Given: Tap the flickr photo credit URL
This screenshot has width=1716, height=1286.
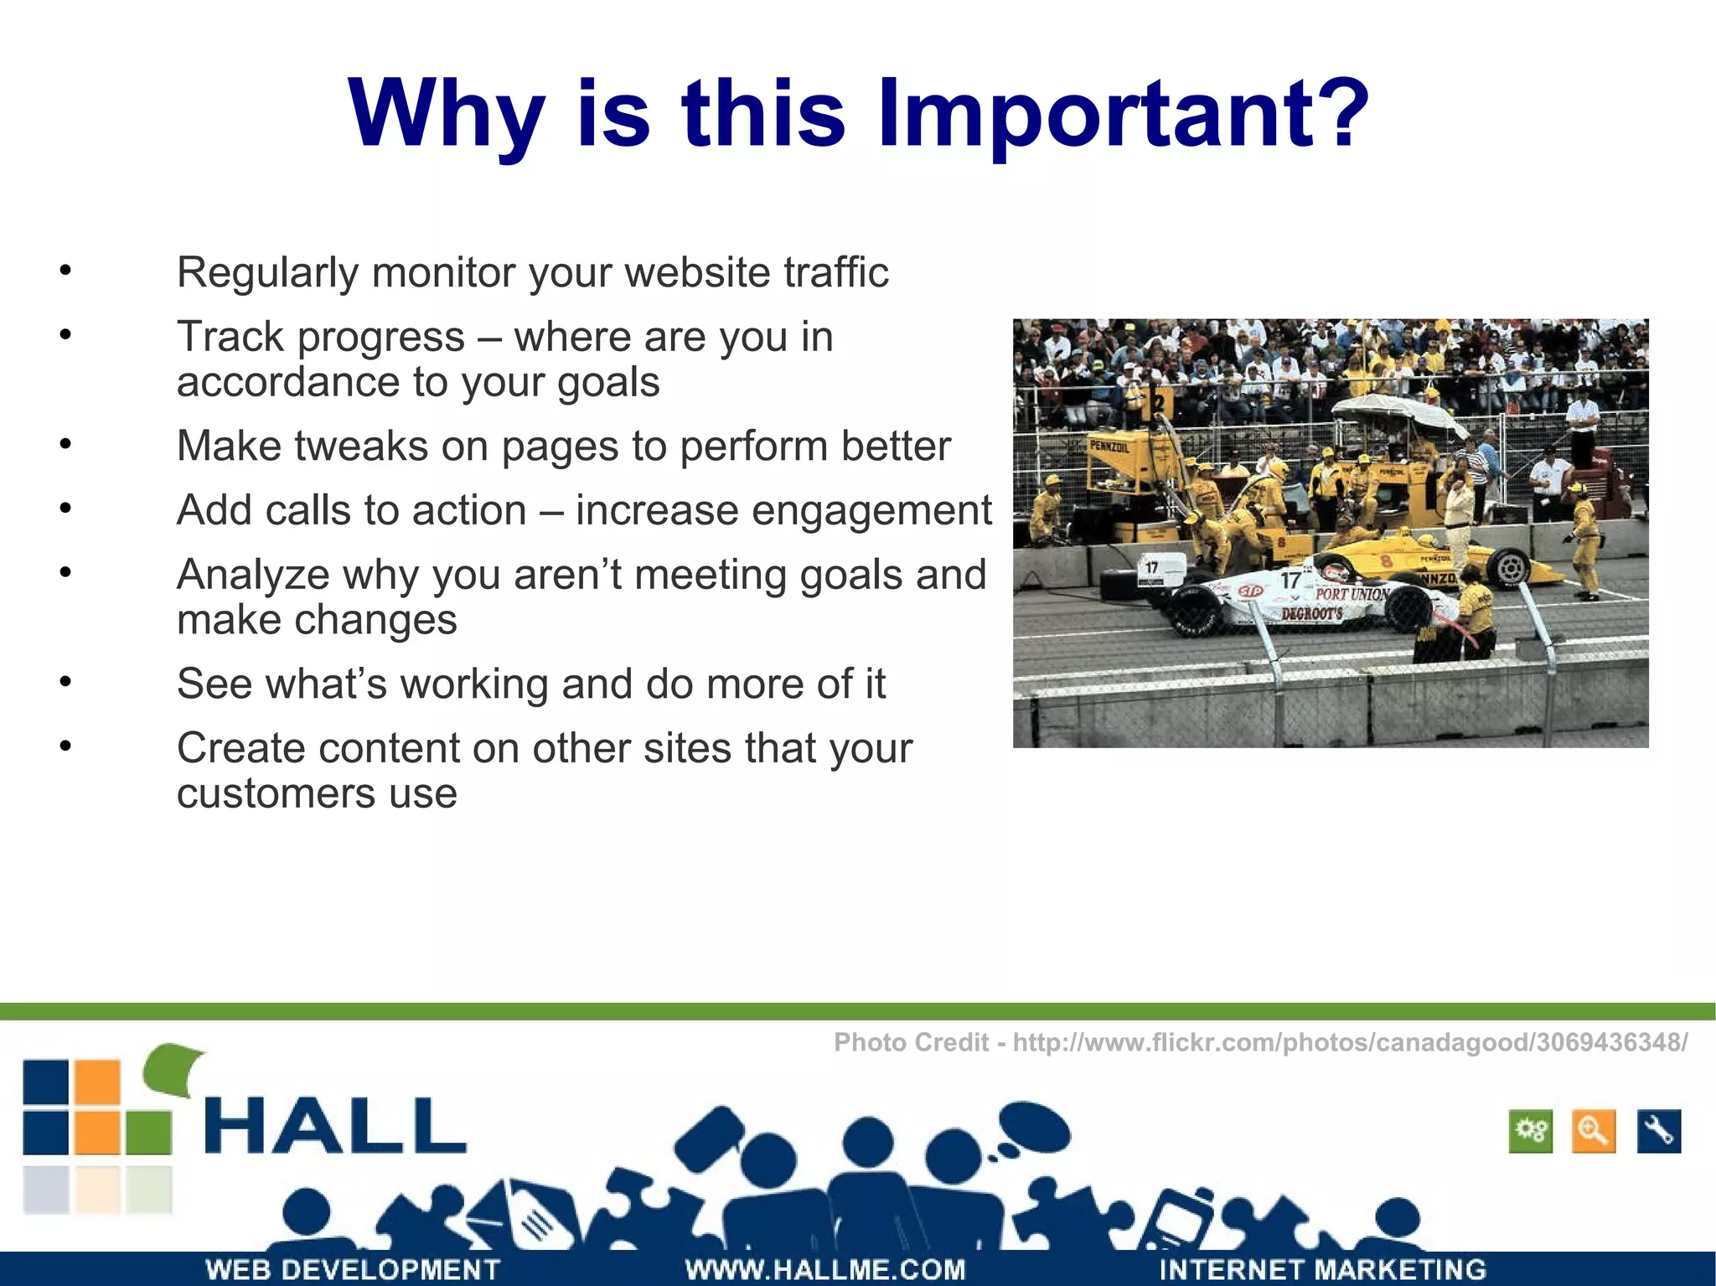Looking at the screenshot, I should (1350, 1042).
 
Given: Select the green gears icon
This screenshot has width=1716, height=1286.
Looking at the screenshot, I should (1530, 1132).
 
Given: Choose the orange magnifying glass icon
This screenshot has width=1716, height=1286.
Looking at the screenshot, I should (1593, 1132).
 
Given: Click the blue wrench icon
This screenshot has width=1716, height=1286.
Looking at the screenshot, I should (1658, 1132).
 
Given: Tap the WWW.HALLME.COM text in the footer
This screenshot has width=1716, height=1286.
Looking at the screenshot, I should (825, 1268).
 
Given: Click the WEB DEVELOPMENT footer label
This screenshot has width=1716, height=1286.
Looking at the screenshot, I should (353, 1268).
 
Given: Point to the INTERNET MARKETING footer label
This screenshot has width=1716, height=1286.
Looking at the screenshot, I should (1322, 1268).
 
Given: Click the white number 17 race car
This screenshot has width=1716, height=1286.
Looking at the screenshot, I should (1307, 599).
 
